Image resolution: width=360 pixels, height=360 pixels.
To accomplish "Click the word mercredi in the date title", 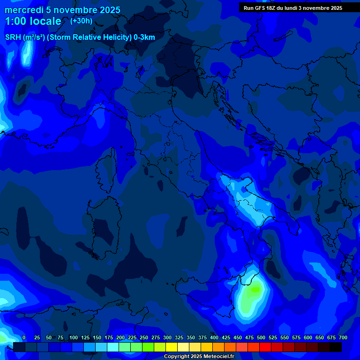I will click(x=24, y=10).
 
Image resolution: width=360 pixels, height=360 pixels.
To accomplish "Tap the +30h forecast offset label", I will click(x=81, y=21).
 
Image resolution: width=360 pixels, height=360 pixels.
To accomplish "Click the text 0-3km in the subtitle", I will click(x=144, y=37).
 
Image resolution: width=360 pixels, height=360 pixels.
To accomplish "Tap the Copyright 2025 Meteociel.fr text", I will click(x=199, y=356).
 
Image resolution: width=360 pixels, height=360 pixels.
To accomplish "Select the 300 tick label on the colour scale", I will click(x=167, y=337).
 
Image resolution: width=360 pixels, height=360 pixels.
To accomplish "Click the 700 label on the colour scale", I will click(x=343, y=337).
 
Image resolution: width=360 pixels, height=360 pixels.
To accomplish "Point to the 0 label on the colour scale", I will click(x=24, y=337).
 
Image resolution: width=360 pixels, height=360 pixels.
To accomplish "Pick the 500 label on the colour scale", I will click(x=261, y=337).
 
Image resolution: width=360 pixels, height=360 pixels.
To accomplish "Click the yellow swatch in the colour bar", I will click(x=172, y=347).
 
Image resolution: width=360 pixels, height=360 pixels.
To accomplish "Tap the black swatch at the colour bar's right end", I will click(x=336, y=347).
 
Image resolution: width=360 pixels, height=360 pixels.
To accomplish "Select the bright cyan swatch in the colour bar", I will click(x=113, y=347).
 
